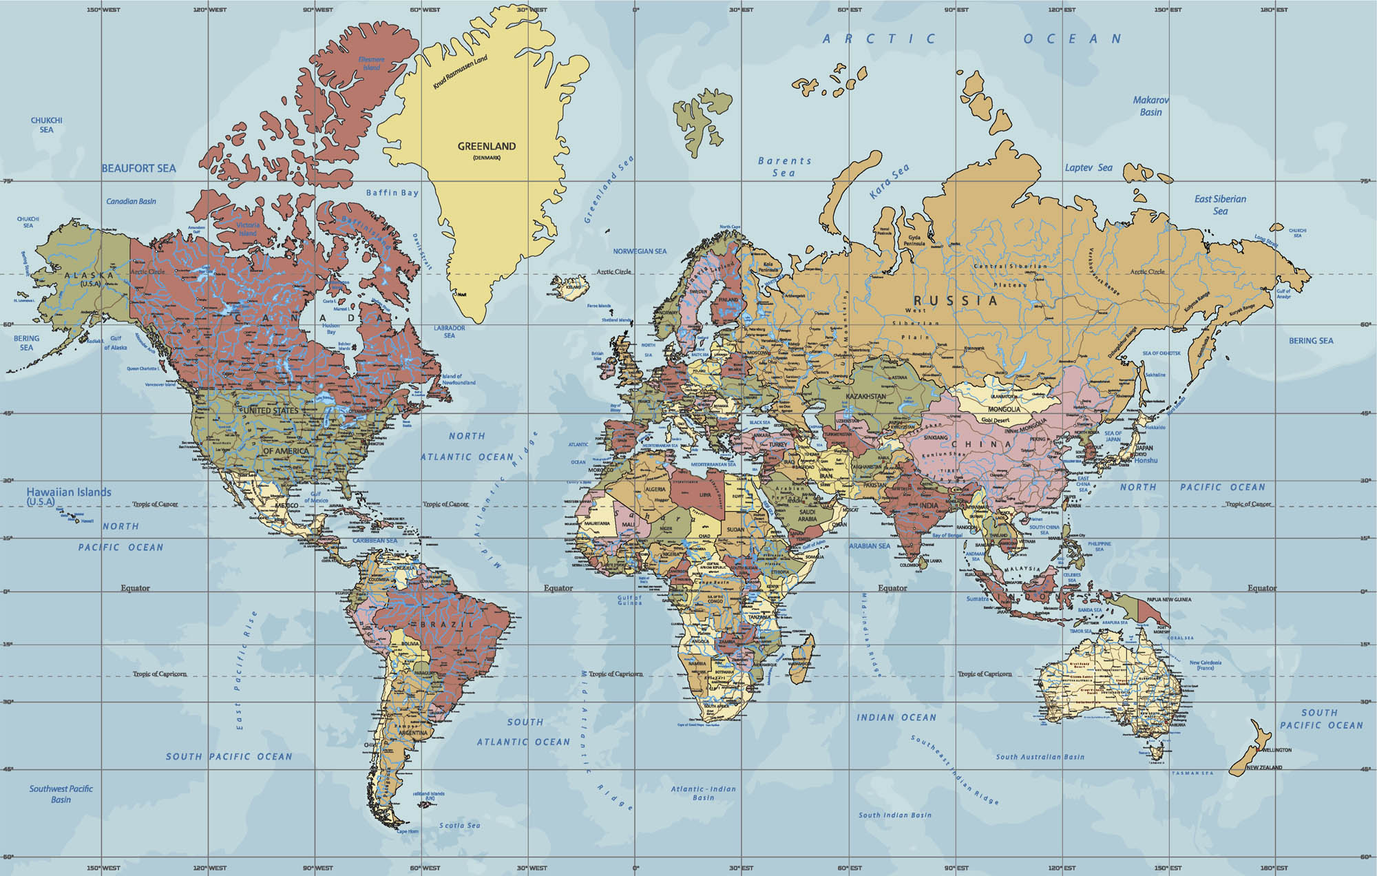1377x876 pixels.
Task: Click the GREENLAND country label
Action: pos(487,146)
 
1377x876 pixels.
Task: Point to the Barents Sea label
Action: pos(784,167)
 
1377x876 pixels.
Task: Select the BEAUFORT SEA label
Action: pos(138,168)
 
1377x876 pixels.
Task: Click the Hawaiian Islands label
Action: pos(69,492)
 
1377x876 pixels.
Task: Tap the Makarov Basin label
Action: pos(1150,106)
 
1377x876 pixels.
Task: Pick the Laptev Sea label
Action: pos(1089,167)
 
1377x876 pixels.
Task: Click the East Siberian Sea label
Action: pos(1220,205)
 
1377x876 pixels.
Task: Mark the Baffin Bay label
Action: pos(392,193)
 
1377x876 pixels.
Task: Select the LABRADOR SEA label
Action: pos(449,331)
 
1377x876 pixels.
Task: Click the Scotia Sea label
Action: pos(460,825)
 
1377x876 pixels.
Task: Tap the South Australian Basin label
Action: pos(1040,757)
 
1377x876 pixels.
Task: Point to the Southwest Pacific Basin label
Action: pos(61,794)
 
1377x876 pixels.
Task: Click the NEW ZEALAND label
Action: pos(1264,767)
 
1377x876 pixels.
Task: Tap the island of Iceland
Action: pos(571,287)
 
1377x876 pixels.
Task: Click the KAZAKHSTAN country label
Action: pos(865,397)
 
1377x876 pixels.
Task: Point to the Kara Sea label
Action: pos(889,181)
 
